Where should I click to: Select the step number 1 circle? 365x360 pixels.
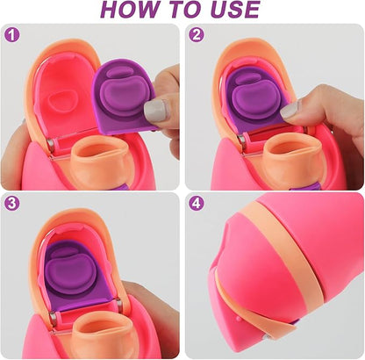tap(12, 36)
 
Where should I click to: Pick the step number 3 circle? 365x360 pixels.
tap(12, 202)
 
